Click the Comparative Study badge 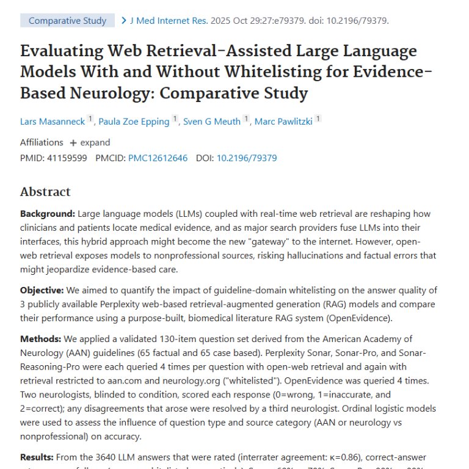(x=67, y=21)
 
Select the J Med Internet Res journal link (x=168, y=21)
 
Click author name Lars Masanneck (x=52, y=122)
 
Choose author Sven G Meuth (x=212, y=122)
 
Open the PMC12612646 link (x=158, y=158)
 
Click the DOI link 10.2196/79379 (x=247, y=158)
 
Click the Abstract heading (x=45, y=192)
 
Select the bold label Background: (x=48, y=214)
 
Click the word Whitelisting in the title (x=274, y=72)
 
